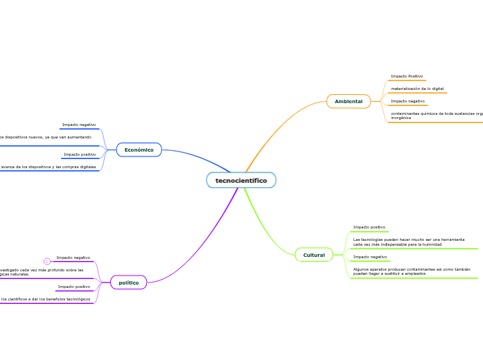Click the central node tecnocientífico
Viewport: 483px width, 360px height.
click(240, 181)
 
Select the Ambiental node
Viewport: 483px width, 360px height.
click(349, 102)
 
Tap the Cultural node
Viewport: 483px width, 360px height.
click(314, 255)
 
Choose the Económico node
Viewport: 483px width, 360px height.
click(139, 150)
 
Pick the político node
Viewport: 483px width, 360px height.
click(128, 282)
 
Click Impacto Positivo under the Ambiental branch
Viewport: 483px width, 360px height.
click(407, 76)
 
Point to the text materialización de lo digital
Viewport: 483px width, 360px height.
click(417, 89)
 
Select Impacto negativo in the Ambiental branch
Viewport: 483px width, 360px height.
click(407, 101)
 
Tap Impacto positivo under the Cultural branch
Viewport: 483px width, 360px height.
click(369, 227)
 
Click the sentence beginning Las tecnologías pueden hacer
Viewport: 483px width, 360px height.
click(408, 242)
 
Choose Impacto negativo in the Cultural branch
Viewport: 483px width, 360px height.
click(370, 257)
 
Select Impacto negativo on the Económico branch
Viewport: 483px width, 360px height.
click(79, 125)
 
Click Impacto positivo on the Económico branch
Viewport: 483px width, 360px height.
click(80, 154)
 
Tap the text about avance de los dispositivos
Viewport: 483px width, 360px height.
click(49, 167)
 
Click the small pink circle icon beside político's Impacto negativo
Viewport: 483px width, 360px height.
click(46, 261)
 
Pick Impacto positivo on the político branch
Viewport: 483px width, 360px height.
click(74, 287)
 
